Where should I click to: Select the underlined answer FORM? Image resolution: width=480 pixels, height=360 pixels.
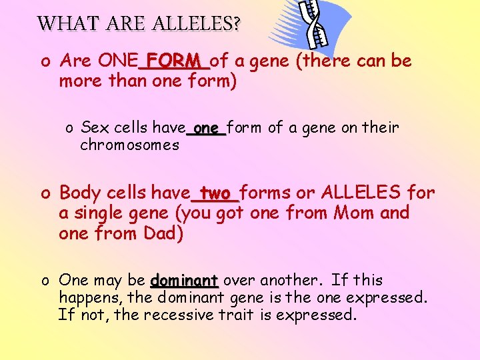174,61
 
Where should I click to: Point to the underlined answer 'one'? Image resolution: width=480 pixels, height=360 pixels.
207,127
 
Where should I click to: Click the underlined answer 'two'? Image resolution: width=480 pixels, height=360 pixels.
215,193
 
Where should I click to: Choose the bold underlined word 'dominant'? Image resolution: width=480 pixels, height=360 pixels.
185,280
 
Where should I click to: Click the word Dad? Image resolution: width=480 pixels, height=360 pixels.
163,233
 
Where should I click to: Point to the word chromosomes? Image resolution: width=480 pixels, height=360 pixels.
129,145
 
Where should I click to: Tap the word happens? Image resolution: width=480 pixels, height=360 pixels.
83,297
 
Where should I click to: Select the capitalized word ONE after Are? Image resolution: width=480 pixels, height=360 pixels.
118,61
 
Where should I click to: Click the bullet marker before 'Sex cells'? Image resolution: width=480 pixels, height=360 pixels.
69,128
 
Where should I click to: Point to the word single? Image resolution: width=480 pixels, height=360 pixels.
99,213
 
